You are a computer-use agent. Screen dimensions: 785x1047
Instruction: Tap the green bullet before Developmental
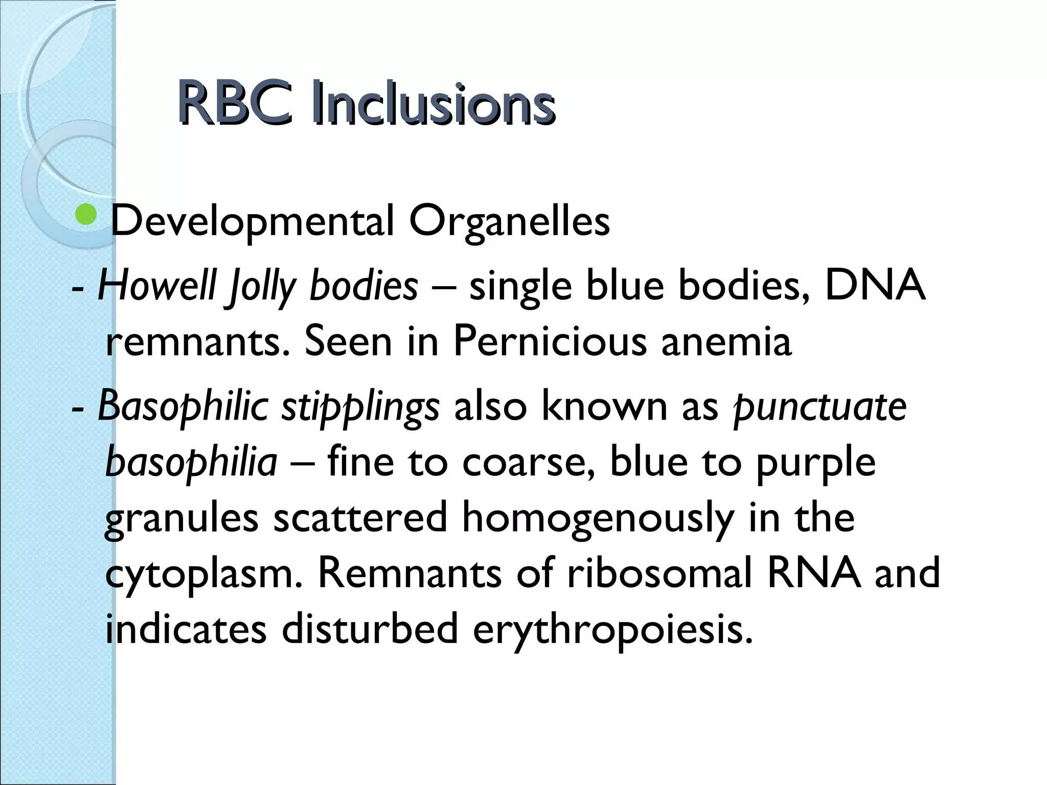coord(85,215)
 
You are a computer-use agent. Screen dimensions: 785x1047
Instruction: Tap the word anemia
coord(726,341)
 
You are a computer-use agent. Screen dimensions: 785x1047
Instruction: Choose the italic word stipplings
coord(360,407)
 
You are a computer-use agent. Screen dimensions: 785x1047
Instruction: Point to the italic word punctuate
coord(820,407)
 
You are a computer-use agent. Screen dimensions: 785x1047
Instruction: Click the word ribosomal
coord(659,573)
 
